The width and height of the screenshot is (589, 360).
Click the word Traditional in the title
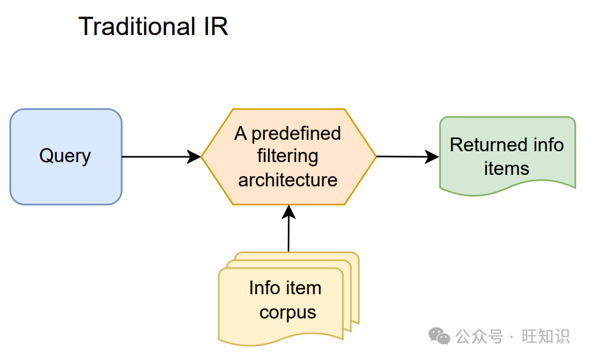point(137,26)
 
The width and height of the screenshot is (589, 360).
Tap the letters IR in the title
point(216,26)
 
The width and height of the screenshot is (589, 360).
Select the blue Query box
point(66,156)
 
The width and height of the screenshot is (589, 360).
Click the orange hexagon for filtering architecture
point(288,156)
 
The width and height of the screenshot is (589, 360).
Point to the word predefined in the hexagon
point(296,134)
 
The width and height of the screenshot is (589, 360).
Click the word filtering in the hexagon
point(288,156)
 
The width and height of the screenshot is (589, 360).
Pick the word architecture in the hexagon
point(288,180)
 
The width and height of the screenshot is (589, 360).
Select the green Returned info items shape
point(507,156)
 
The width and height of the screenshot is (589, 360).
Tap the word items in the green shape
point(506,169)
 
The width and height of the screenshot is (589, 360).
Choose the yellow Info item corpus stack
point(288,299)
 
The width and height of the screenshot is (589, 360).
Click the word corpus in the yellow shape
point(288,313)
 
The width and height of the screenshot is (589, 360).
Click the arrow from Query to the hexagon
point(161,156)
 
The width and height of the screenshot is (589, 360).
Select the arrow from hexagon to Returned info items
point(408,156)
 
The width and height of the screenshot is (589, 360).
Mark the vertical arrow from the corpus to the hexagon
point(288,229)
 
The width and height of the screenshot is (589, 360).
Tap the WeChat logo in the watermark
point(439,336)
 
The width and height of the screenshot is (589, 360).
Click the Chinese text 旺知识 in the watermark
point(546,336)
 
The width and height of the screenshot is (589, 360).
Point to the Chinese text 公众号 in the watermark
point(479,336)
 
